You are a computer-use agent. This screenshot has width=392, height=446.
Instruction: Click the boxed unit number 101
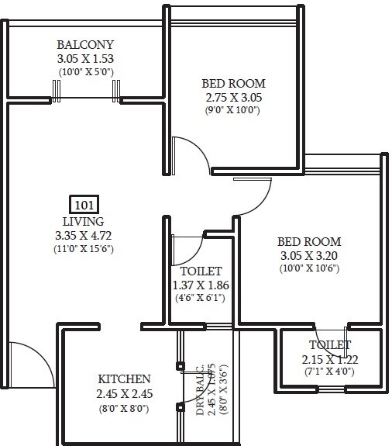point(83,205)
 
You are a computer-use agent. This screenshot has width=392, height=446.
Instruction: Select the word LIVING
point(83,222)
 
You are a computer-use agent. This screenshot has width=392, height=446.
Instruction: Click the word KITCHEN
point(124,379)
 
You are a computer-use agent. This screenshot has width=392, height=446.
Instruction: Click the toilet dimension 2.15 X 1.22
point(330,359)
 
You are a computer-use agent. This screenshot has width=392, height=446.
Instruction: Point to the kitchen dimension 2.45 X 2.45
point(124,393)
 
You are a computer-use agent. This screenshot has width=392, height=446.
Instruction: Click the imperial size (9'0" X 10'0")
point(233,110)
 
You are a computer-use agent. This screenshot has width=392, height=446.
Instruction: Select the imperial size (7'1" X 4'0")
point(330,372)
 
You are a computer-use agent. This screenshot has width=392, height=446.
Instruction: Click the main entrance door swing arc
point(26,359)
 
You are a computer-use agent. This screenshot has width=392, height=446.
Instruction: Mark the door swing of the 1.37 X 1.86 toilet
point(189,250)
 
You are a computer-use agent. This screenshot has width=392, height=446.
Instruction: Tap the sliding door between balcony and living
point(86,99)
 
